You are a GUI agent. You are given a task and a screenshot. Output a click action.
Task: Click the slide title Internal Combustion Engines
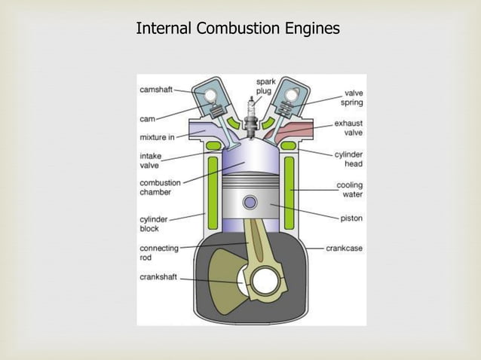[x=237, y=29]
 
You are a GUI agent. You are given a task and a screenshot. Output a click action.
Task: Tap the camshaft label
[x=156, y=90]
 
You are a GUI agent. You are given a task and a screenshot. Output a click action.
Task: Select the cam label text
[x=147, y=118]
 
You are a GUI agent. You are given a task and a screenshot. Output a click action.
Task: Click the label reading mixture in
[x=158, y=137]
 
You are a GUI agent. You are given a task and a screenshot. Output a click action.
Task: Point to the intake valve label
[x=150, y=160]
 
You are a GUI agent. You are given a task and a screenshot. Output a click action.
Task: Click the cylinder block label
[x=154, y=224]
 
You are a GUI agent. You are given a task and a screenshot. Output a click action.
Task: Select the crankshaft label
[x=158, y=277]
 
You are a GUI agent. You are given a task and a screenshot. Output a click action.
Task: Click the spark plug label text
[x=265, y=86]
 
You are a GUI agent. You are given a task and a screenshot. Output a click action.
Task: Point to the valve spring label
[x=350, y=97]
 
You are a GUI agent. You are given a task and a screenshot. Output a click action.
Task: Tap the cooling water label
[x=348, y=190]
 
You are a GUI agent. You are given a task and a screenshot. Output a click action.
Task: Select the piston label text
[x=351, y=218]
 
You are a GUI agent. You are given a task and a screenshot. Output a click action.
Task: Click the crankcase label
[x=345, y=247]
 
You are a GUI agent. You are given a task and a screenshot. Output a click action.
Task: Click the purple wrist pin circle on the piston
[x=250, y=202]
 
